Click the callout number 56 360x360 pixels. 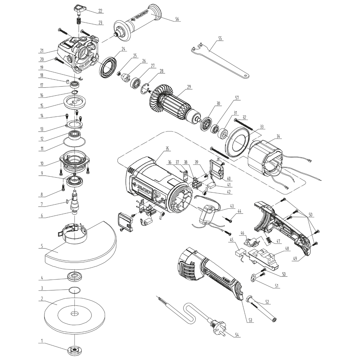(x=177, y=19)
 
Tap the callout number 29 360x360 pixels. (x=189, y=87)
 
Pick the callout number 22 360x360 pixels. (x=100, y=11)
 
